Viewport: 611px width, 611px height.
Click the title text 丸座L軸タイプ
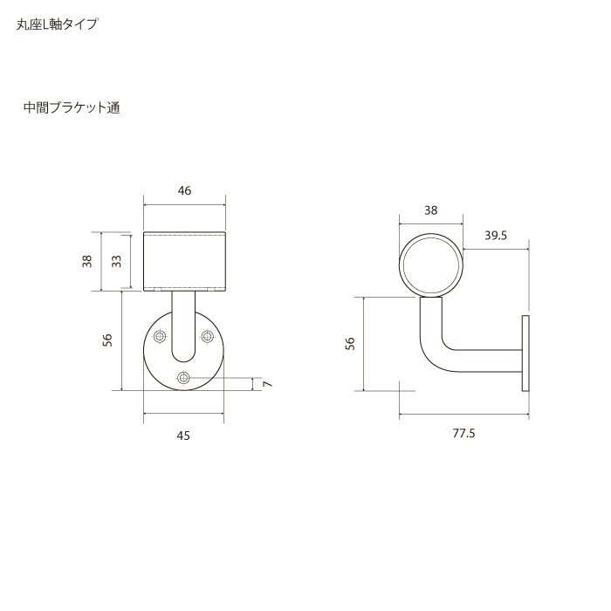57,24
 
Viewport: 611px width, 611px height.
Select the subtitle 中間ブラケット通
72,109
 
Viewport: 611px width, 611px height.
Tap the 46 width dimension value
183,191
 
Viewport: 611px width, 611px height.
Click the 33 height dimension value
116,261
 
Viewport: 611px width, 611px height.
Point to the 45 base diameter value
182,435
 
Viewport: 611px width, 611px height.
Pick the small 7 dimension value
267,384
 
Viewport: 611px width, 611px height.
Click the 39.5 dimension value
496,235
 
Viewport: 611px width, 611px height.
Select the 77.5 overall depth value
463,433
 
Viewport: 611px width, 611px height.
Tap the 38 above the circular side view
430,209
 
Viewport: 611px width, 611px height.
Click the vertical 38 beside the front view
87,261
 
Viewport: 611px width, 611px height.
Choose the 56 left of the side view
350,344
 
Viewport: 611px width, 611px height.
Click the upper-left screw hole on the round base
159,336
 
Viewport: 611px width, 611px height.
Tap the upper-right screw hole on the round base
208,336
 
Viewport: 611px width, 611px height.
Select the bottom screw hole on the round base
183,377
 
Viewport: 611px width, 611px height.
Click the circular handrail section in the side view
431,265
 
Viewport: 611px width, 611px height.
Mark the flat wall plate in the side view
525,354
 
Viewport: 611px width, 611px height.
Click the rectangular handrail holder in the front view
183,261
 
